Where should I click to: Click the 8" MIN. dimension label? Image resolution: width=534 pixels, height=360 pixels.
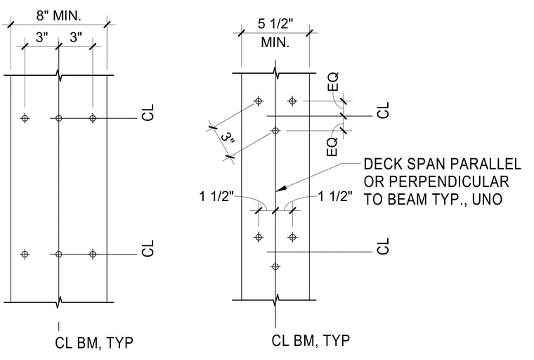click(x=59, y=15)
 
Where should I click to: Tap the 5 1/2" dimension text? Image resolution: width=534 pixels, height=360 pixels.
click(x=275, y=24)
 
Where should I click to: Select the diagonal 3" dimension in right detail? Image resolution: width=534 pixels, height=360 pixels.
click(x=228, y=138)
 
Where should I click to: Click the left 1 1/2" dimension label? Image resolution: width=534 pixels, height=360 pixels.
click(x=216, y=197)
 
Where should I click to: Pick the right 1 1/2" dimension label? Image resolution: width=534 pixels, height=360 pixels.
click(x=335, y=197)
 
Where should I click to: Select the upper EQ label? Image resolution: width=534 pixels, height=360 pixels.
click(x=334, y=82)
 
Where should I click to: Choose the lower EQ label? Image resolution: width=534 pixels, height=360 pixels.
click(x=332, y=147)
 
